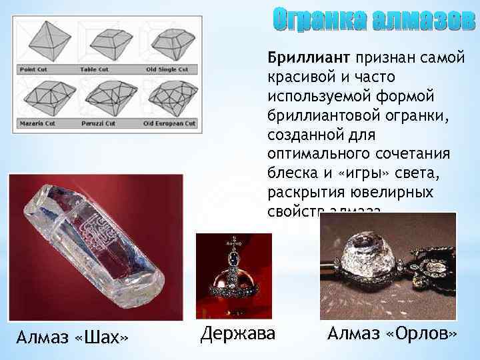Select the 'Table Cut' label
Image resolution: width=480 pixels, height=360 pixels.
(94, 69)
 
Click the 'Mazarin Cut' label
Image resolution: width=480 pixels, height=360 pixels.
(37, 123)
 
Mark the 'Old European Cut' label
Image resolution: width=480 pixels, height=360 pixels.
(169, 123)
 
